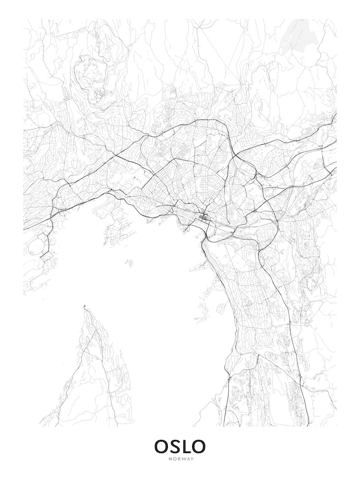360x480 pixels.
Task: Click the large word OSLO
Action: click(180, 446)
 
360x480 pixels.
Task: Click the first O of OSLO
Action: click(162, 446)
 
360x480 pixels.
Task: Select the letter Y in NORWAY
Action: click(192, 459)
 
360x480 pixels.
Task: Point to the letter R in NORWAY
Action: click(178, 459)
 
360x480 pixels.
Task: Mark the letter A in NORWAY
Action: click(187, 459)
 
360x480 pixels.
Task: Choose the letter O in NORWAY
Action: click(173, 459)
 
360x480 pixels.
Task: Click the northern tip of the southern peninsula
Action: click(84, 306)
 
